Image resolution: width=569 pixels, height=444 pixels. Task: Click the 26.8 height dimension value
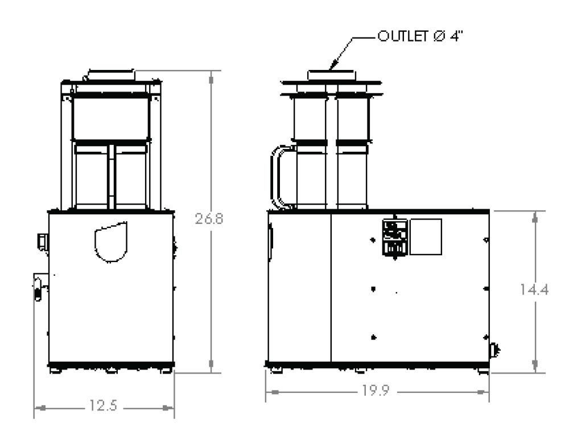pos(209,218)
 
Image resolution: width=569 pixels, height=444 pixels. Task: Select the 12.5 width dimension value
pos(104,405)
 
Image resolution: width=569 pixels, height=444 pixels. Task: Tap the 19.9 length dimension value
pos(376,391)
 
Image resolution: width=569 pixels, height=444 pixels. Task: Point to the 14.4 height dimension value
pos(534,289)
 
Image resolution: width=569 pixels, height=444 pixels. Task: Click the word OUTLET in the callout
pos(403,36)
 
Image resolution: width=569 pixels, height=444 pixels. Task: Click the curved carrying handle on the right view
pos(278,177)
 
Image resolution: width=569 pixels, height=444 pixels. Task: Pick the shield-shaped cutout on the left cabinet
pos(111,242)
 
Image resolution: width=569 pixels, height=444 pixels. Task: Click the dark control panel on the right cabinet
pos(395,238)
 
